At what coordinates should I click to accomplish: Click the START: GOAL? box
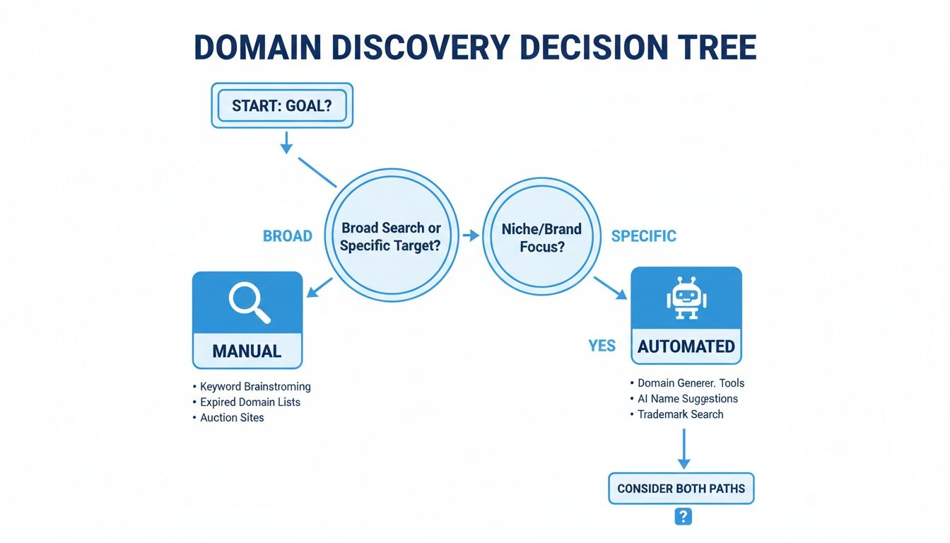point(282,106)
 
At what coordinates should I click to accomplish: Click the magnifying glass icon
point(248,303)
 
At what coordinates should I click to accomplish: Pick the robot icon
point(686,298)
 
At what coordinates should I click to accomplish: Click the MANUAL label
point(247,350)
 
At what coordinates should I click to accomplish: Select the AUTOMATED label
point(686,346)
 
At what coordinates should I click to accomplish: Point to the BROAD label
point(288,236)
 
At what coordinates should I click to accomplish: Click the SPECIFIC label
point(643,236)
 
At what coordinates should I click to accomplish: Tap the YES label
point(602,346)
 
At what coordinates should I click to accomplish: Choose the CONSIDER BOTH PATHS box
point(681,489)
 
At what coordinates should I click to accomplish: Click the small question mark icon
point(683,517)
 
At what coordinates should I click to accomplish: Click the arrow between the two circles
point(469,235)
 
